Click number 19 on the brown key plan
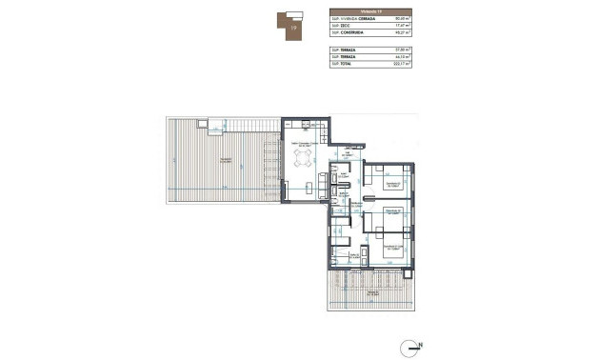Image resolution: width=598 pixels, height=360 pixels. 294,29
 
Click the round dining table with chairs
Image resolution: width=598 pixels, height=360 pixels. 303,156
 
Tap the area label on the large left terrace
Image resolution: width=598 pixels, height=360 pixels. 225,161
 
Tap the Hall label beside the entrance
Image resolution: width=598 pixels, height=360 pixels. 349,153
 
